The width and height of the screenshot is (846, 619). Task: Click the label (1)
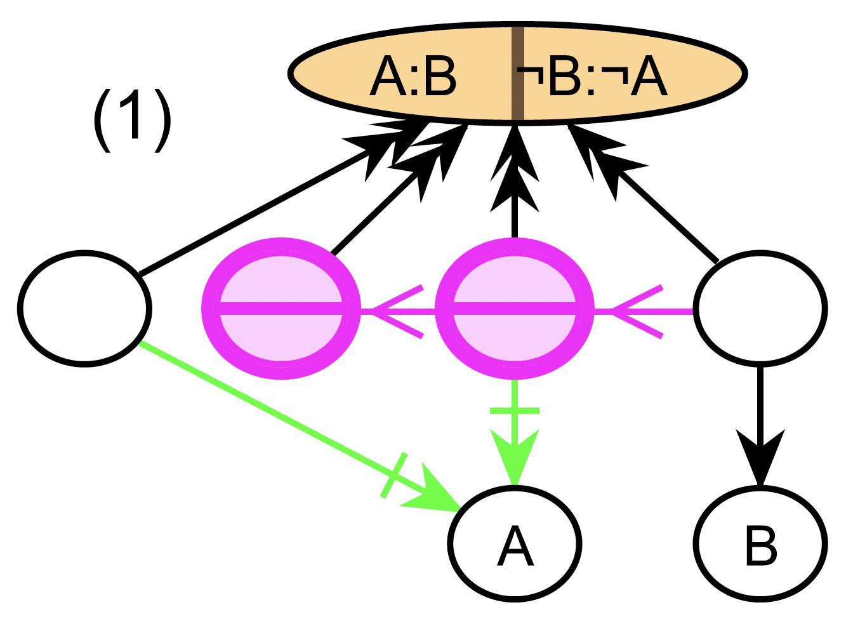tap(133, 119)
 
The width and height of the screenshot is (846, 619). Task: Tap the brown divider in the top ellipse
tap(517, 73)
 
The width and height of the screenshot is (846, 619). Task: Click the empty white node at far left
tap(84, 308)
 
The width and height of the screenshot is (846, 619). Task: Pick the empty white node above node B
tap(760, 308)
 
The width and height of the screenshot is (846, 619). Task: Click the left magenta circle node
tap(281, 308)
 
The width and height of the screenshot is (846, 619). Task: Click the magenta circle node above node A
tap(514, 308)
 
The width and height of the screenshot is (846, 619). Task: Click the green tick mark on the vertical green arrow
tap(514, 411)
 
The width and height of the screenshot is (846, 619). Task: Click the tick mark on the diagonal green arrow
tap(393, 475)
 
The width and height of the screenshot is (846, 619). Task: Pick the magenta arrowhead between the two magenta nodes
tap(393, 311)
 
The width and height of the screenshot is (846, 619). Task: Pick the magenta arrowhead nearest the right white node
tap(635, 311)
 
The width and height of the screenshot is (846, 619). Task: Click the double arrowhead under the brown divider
tap(515, 171)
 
